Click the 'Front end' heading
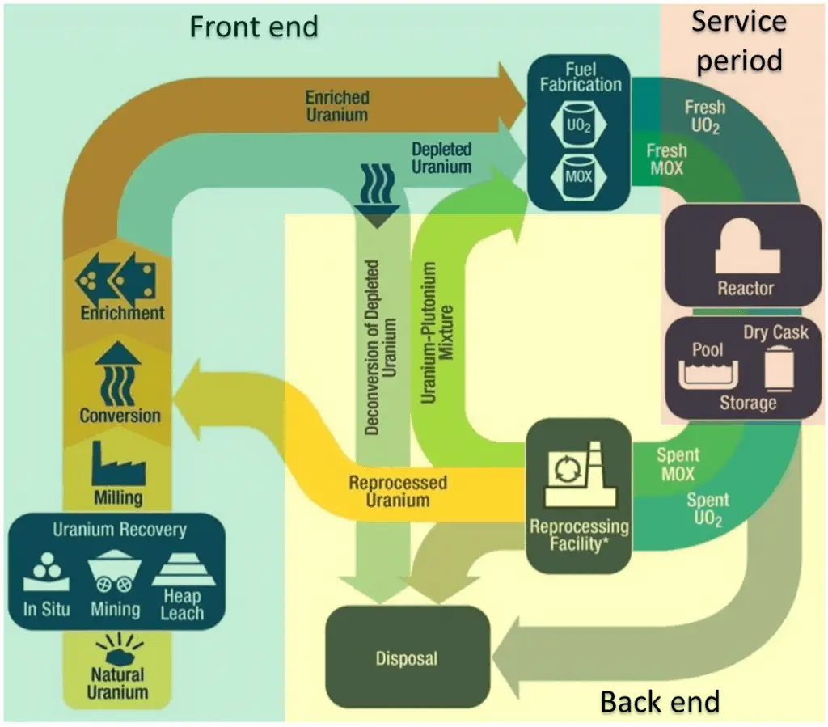click(x=253, y=26)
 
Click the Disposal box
click(x=407, y=657)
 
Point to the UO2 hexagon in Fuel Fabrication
click(x=579, y=129)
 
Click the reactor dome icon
click(x=746, y=251)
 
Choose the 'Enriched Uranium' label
click(x=336, y=106)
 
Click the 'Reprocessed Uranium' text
click(x=397, y=492)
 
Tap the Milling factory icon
click(x=118, y=463)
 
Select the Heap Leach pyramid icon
click(x=183, y=569)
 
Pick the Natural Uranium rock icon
click(x=118, y=648)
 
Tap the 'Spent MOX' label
click(x=678, y=464)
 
